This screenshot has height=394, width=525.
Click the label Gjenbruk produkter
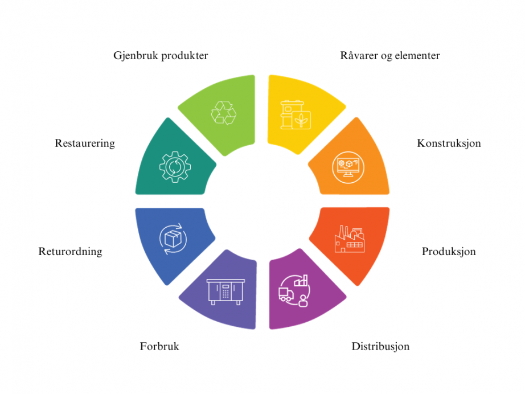click(161, 56)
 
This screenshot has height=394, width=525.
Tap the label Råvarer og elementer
click(389, 56)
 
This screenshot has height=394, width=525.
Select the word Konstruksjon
click(449, 143)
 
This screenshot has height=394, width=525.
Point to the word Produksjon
click(449, 252)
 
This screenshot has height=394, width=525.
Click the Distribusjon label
click(380, 346)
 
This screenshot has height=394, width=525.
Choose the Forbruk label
click(159, 346)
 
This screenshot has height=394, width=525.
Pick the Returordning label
click(70, 252)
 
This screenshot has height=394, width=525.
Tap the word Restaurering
click(85, 143)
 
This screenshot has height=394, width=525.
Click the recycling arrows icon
click(224, 113)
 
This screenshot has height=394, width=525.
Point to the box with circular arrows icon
click(173, 239)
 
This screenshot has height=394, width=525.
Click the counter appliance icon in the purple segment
click(225, 292)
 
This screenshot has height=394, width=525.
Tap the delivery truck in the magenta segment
click(286, 294)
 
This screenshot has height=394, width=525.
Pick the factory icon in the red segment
click(350, 239)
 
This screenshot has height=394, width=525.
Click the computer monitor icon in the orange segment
click(348, 167)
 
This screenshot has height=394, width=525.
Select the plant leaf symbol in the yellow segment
click(301, 120)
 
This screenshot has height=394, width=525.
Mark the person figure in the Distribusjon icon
click(303, 301)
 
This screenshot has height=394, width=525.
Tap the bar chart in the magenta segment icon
click(301, 281)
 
